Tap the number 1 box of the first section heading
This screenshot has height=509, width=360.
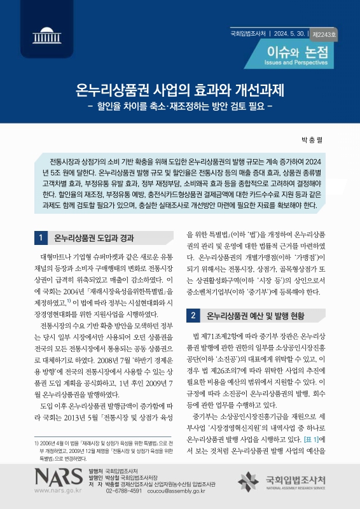40,239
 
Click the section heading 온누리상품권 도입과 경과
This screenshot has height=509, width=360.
94,239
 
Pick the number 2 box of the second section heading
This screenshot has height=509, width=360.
193,315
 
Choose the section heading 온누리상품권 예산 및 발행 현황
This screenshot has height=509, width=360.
256,315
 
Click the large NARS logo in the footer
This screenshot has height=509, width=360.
59,477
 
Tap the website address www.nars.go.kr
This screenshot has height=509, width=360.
59,491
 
